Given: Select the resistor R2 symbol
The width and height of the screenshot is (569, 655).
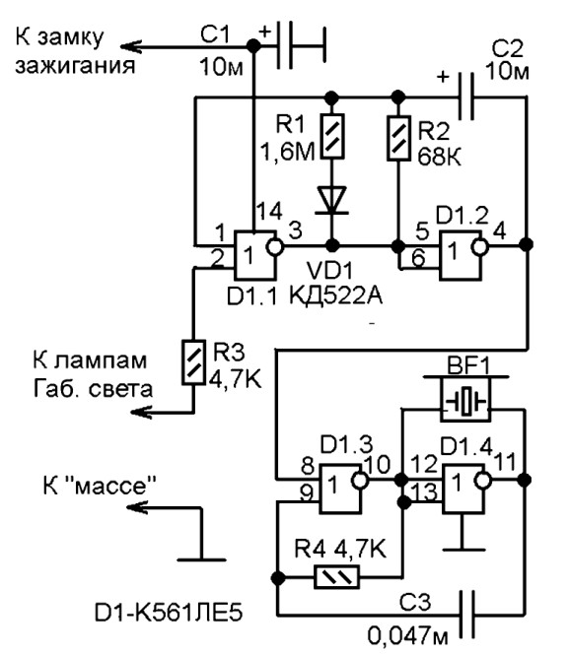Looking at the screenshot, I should (x=398, y=133).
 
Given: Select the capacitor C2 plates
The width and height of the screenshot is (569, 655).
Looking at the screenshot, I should (x=466, y=98).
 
